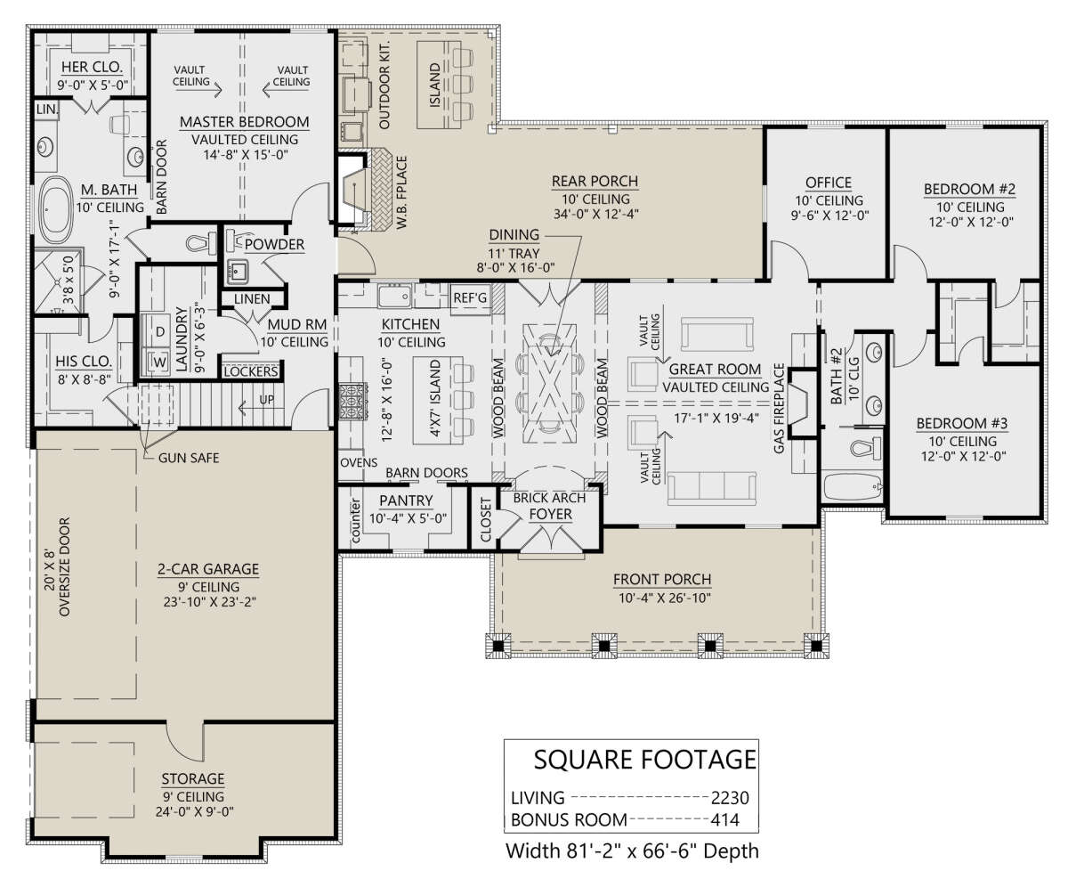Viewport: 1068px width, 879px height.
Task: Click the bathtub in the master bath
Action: [56, 209]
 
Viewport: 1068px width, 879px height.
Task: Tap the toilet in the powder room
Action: [200, 244]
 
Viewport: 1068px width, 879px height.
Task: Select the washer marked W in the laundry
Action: [159, 362]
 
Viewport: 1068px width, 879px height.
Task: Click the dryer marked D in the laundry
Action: [160, 331]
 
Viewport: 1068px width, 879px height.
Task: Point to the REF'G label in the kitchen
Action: [469, 297]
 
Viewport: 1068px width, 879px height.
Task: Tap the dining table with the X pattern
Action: [549, 384]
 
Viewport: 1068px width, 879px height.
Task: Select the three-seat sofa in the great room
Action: [711, 488]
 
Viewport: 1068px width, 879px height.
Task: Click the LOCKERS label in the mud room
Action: [251, 371]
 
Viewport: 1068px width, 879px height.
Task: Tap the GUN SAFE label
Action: [189, 458]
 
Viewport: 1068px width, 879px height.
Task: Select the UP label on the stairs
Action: [266, 400]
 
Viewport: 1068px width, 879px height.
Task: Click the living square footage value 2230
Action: [729, 798]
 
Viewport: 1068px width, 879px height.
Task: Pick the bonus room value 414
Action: [724, 820]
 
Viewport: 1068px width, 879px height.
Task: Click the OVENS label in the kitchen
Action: [359, 462]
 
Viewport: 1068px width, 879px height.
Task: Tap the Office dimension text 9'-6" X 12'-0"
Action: [829, 216]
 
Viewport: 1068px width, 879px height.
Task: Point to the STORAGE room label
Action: [192, 778]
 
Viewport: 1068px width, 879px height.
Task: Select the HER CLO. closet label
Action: [92, 67]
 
